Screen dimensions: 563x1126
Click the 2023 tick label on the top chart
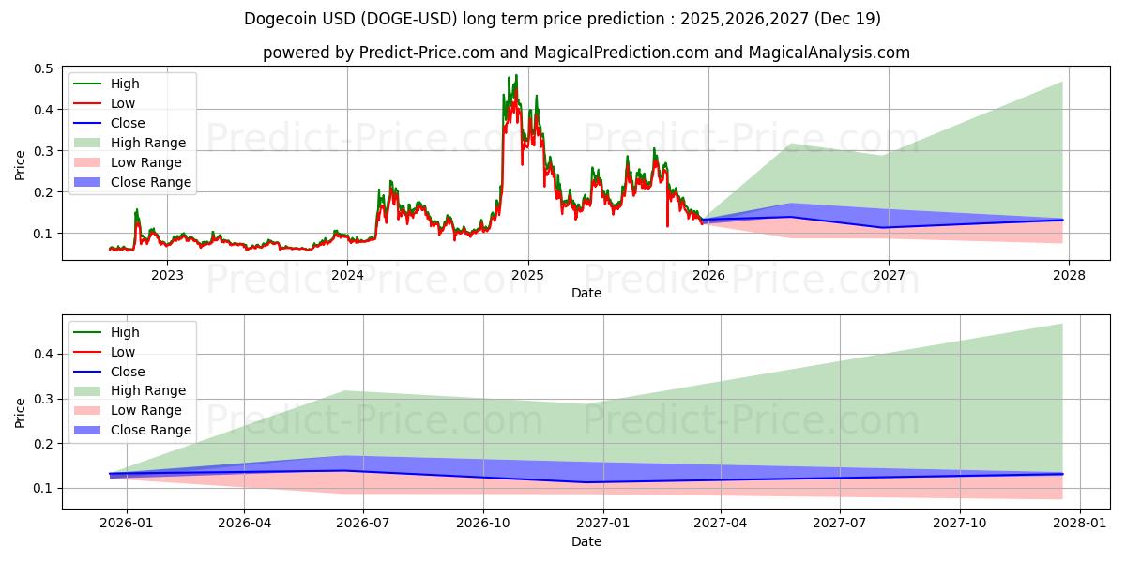[167, 275]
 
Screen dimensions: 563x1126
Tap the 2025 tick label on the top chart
[527, 275]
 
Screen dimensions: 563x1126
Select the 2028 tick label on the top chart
[1069, 275]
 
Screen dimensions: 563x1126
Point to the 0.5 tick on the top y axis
[43, 68]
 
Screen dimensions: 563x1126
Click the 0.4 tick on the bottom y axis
[43, 354]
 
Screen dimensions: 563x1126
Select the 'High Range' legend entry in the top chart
[148, 143]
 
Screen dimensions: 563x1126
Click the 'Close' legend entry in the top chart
[128, 123]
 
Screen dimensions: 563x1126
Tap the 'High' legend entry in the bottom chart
[125, 332]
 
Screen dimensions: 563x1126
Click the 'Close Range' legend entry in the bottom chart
[151, 430]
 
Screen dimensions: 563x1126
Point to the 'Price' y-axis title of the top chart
[21, 164]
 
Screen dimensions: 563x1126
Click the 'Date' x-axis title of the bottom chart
[586, 541]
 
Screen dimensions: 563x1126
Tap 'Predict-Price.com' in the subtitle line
[426, 53]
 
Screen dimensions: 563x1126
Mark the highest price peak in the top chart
[515, 76]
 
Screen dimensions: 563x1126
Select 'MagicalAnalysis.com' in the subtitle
[829, 53]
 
